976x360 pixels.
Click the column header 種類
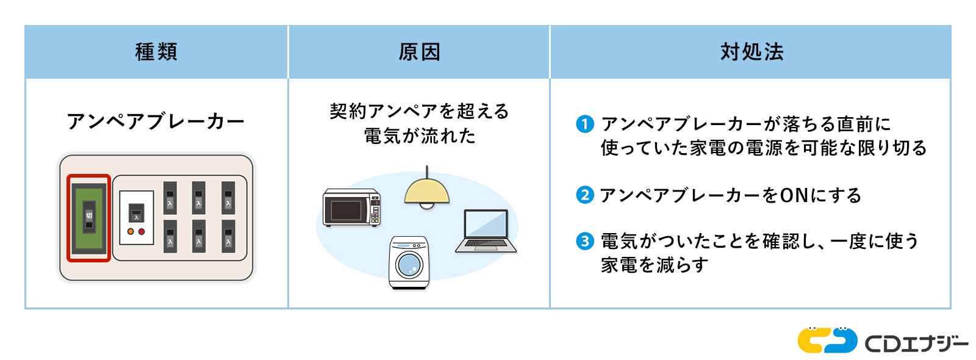156,52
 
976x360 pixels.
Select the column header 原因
419,52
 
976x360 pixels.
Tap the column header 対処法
752,52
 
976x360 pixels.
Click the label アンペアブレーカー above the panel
156,121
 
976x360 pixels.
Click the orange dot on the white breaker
131,232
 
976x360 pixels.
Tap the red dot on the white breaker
142,232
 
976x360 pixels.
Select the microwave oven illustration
351,207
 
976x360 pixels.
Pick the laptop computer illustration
486,232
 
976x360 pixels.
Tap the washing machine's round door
409,265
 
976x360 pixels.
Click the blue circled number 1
584,124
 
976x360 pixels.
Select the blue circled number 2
584,195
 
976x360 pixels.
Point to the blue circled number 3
584,241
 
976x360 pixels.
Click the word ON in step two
794,195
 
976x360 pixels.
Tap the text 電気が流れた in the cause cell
420,136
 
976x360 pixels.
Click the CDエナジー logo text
916,344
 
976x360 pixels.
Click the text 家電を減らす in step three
655,265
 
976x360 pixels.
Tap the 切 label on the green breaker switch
89,215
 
